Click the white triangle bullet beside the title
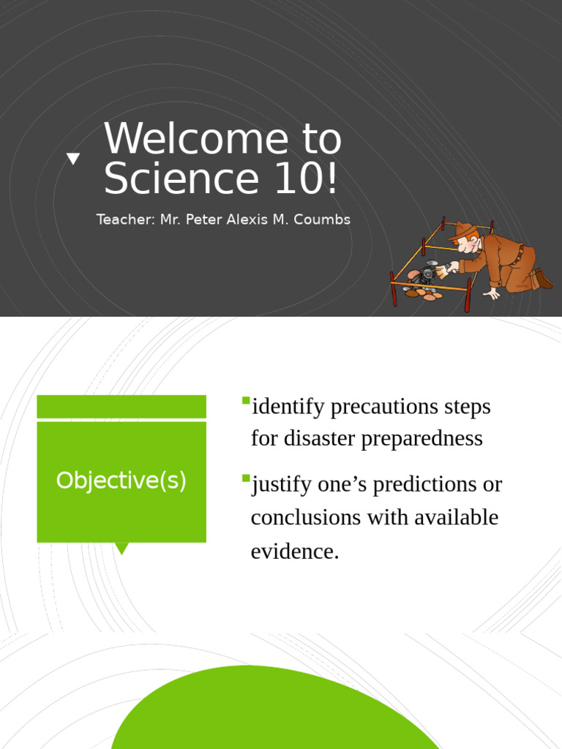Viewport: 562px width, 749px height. (73, 158)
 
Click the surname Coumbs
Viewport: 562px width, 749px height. (323, 219)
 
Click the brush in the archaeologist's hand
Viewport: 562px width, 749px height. (442, 271)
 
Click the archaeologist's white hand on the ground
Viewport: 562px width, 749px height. (491, 293)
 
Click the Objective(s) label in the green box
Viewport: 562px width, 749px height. (121, 481)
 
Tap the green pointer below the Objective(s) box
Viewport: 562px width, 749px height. (121, 548)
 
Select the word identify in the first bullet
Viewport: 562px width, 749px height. (288, 407)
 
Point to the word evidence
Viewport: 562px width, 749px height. (295, 552)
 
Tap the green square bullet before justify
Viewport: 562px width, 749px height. (246, 478)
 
